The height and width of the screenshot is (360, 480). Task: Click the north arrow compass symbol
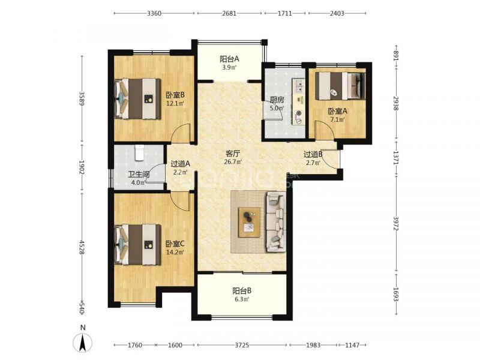(x=83, y=343)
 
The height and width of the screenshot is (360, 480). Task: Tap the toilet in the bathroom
(x=139, y=153)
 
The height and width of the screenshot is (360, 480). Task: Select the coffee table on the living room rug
(x=249, y=222)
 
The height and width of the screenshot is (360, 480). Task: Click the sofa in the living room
(x=276, y=221)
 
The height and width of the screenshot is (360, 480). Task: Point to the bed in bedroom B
(x=137, y=98)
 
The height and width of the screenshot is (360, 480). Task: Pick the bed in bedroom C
(x=137, y=244)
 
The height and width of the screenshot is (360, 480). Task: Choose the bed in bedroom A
(x=340, y=86)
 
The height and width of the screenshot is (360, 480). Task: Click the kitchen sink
(x=298, y=86)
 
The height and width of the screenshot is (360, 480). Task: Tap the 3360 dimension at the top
(x=154, y=13)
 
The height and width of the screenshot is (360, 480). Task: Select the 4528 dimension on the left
(x=82, y=247)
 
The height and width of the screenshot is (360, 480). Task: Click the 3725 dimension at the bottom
(x=242, y=345)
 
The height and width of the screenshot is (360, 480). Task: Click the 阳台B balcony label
(x=242, y=290)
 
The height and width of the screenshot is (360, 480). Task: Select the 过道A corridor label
(x=181, y=164)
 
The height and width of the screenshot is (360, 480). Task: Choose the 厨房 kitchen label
(x=277, y=100)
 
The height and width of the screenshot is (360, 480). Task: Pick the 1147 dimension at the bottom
(x=352, y=345)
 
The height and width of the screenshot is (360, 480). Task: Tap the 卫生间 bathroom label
(x=139, y=175)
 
